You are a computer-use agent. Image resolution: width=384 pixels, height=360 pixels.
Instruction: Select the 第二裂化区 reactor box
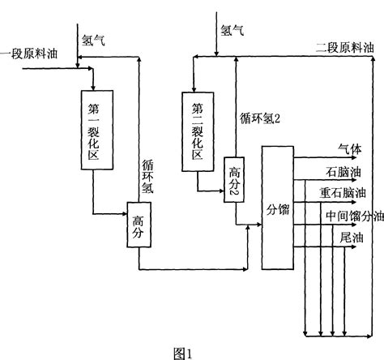click(197, 131)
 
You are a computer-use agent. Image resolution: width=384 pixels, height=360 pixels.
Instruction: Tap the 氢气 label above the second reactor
click(233, 30)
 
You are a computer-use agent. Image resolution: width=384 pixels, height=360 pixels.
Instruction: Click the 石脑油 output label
click(343, 172)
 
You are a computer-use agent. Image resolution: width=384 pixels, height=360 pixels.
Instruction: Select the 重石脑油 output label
click(343, 194)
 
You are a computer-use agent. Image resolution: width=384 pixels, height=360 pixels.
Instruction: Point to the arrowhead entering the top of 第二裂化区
click(194, 86)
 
